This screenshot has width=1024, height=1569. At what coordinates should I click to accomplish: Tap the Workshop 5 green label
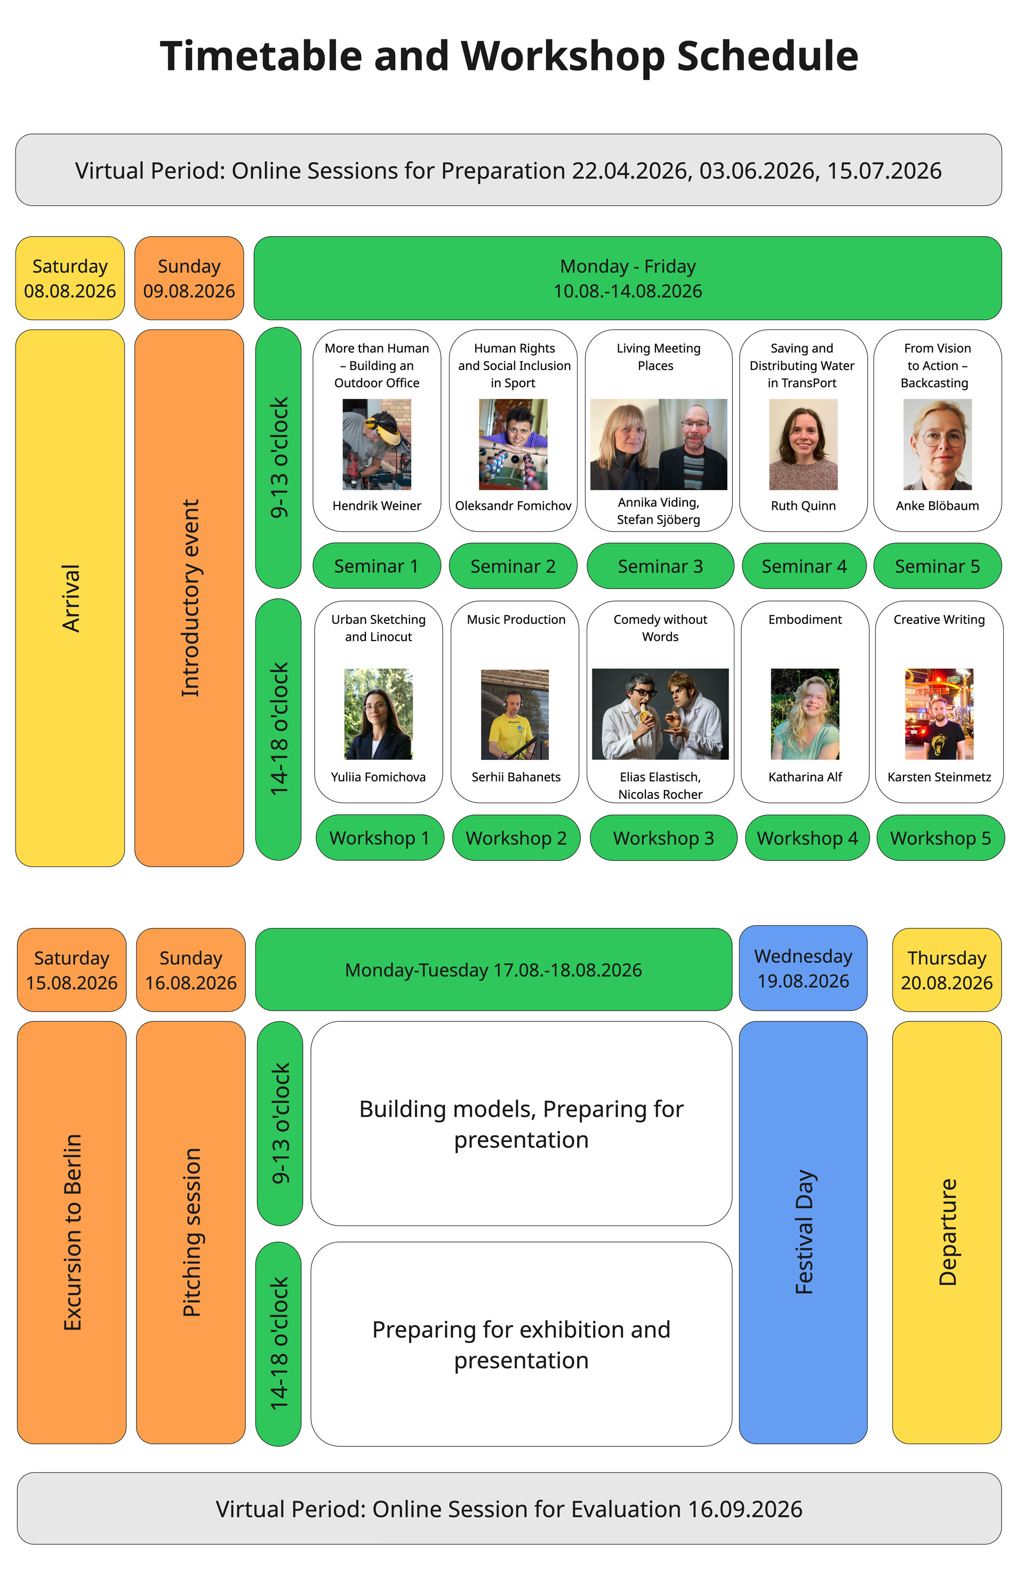point(940,838)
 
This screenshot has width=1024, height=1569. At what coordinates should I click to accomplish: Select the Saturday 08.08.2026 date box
point(70,278)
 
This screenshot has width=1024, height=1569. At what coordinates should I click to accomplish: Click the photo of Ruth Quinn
point(803,444)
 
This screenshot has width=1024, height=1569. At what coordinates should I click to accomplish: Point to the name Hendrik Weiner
point(377,506)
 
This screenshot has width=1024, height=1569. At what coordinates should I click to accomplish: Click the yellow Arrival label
point(70,598)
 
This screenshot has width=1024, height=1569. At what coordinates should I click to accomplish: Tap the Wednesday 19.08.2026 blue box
point(803,968)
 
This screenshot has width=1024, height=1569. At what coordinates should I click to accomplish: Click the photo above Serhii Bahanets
point(515,715)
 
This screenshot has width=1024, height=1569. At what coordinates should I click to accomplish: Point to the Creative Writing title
point(939,620)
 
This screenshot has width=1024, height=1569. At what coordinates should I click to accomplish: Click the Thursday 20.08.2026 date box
point(946,970)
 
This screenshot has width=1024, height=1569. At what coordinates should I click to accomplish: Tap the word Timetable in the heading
point(260,56)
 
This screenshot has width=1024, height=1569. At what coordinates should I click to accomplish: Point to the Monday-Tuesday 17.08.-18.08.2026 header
point(493,970)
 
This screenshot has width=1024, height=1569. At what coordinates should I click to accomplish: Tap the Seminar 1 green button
point(376,566)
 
